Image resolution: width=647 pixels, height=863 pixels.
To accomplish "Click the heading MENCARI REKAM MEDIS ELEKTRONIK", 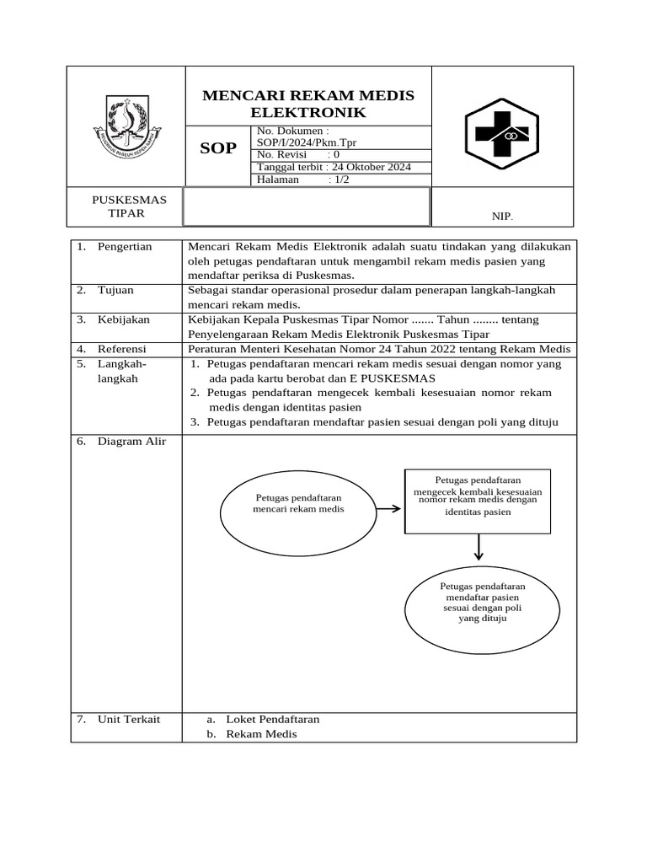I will [x=308, y=103].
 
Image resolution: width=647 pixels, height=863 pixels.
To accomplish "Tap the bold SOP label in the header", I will [x=217, y=149].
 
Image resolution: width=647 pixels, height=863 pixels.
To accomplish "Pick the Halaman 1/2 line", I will [x=303, y=180].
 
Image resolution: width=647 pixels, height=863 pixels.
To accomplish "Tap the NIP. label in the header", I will [x=502, y=217].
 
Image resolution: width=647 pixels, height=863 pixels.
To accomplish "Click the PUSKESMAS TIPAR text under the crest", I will [x=128, y=206].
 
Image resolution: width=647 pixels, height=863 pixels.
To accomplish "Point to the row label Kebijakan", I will [x=122, y=319].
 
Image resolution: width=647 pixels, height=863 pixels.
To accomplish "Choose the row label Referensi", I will [x=121, y=349].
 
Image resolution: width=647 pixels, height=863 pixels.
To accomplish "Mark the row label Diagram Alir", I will [x=131, y=442].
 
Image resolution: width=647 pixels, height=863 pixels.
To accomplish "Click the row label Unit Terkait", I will [x=128, y=719].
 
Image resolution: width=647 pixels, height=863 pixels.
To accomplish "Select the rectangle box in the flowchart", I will [x=478, y=501].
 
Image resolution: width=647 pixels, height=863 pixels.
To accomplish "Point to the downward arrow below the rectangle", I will [x=479, y=548].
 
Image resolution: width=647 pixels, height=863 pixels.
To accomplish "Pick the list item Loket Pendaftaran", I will [x=272, y=719].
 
